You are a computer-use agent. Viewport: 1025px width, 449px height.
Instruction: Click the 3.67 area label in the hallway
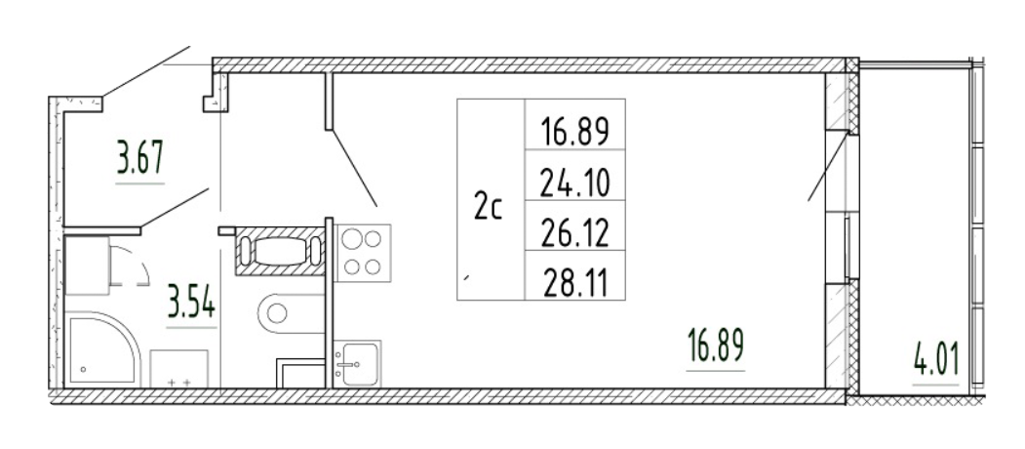point(139,158)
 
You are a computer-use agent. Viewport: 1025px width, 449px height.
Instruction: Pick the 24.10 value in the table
point(574,181)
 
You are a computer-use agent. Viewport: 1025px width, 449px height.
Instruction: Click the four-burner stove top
point(364,253)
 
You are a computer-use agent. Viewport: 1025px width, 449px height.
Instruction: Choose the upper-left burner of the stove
point(353,237)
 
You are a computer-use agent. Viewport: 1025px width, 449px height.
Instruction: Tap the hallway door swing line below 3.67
point(176,209)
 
